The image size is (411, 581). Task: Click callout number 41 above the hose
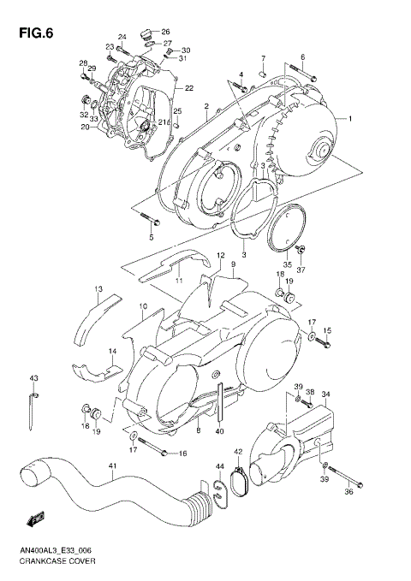pos(111,466)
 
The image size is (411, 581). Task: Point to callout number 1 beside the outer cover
pos(349,118)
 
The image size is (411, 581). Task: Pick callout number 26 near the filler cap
pos(165,31)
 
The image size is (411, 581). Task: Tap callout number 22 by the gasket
pos(189,88)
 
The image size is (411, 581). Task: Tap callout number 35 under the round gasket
pos(288,264)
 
